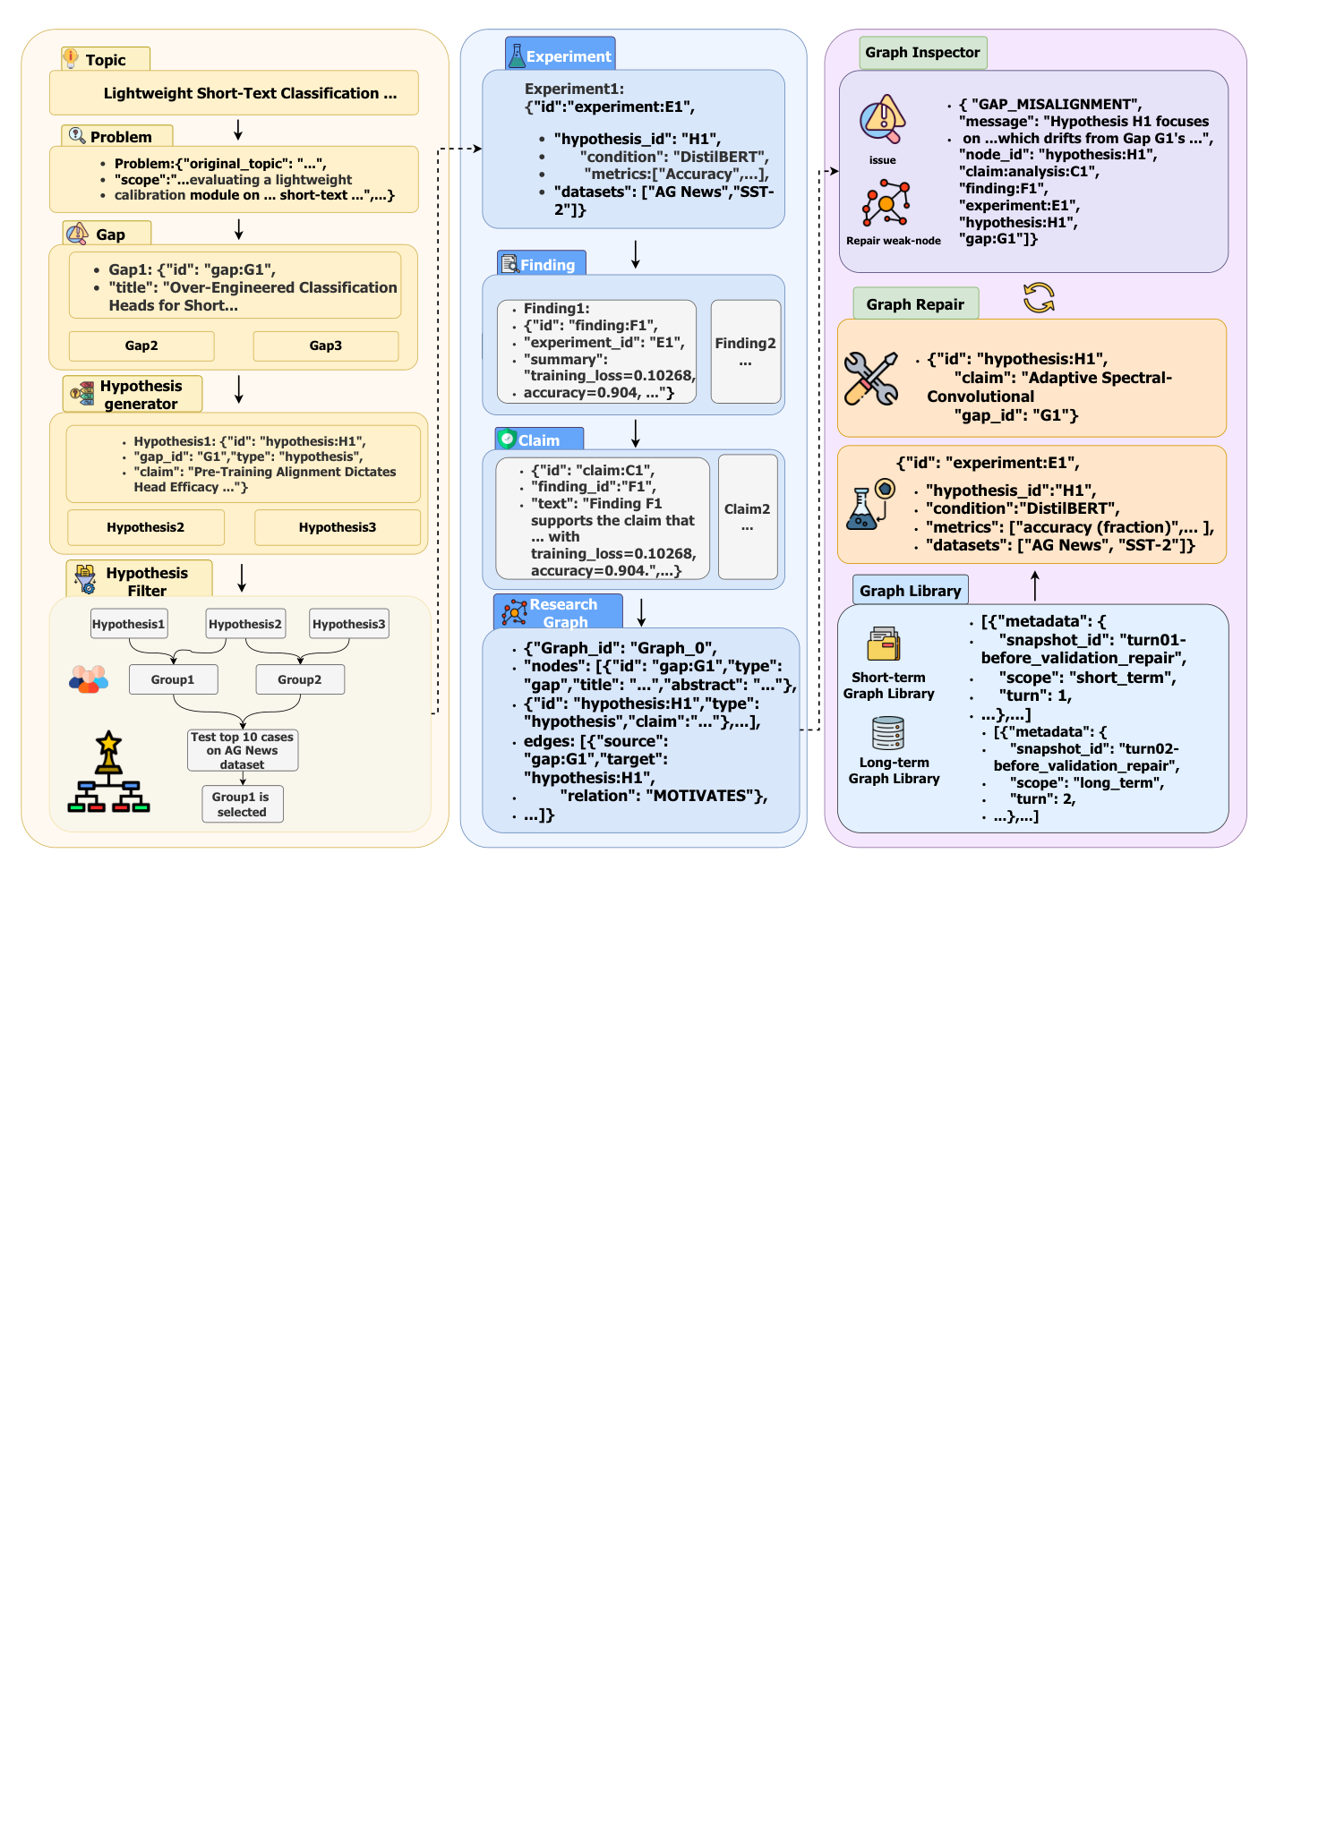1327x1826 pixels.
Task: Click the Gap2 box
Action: click(x=141, y=346)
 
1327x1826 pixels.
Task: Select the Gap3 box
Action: click(x=326, y=346)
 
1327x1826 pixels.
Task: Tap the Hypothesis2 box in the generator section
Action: click(x=146, y=527)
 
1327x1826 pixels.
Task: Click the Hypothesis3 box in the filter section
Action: click(x=349, y=624)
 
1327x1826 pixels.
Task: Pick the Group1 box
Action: click(x=173, y=679)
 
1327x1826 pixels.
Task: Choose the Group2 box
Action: click(x=300, y=679)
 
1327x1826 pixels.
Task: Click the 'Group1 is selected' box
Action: click(x=242, y=804)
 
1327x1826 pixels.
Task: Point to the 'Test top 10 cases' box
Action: click(x=243, y=750)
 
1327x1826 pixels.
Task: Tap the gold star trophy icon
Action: click(x=108, y=752)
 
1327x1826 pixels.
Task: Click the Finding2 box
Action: click(x=746, y=352)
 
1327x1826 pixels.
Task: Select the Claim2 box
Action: click(x=748, y=517)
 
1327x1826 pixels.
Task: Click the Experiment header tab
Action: click(x=561, y=54)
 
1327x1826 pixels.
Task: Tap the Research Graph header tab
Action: click(x=558, y=612)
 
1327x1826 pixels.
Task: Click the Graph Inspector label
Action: click(x=923, y=53)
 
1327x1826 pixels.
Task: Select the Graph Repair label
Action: click(x=916, y=304)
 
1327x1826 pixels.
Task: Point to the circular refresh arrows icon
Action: click(x=1039, y=298)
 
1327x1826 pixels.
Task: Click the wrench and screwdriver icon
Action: click(x=871, y=379)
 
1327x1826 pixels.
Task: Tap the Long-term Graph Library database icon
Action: click(x=888, y=733)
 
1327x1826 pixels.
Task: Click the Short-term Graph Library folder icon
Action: click(x=884, y=644)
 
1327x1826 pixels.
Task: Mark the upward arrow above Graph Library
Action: click(x=1035, y=585)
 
